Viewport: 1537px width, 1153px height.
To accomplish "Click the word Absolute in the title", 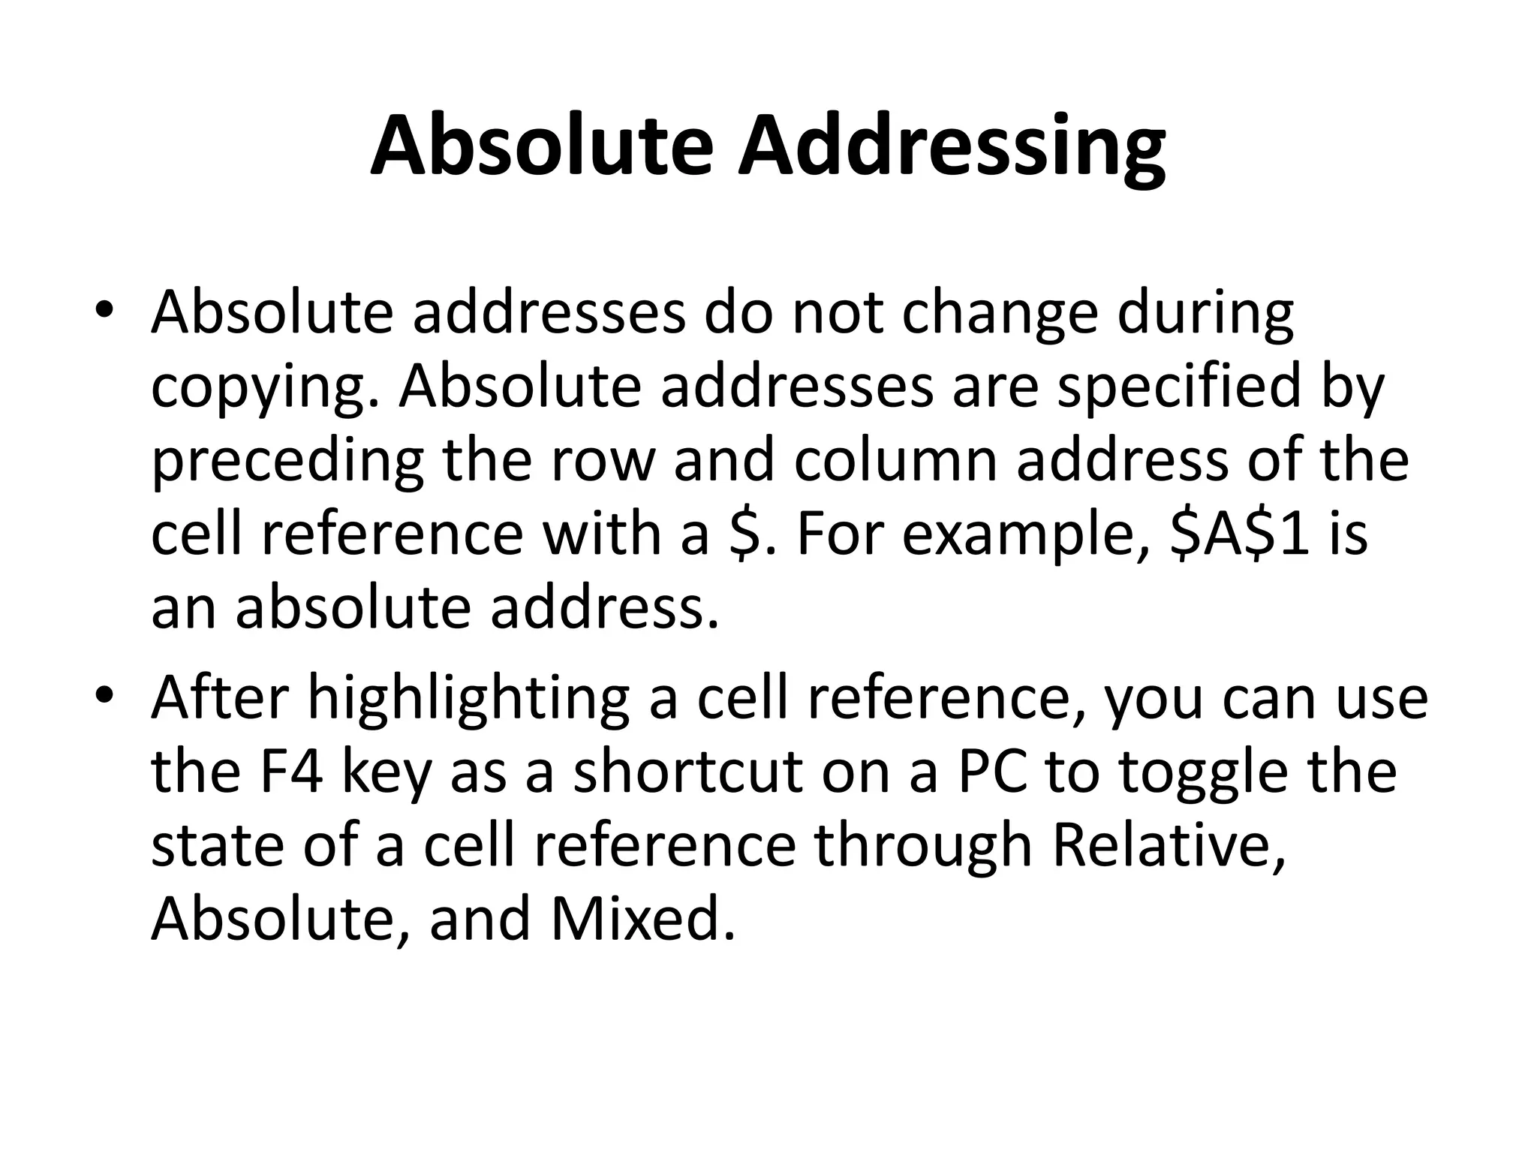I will click(x=541, y=146).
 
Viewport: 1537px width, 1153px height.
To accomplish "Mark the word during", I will click(x=1205, y=315).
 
